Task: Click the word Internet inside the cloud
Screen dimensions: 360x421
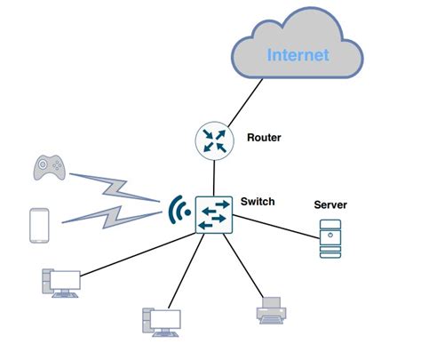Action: [x=299, y=55]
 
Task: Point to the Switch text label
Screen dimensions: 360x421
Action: [x=258, y=202]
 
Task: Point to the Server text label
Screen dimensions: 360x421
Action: [x=330, y=205]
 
